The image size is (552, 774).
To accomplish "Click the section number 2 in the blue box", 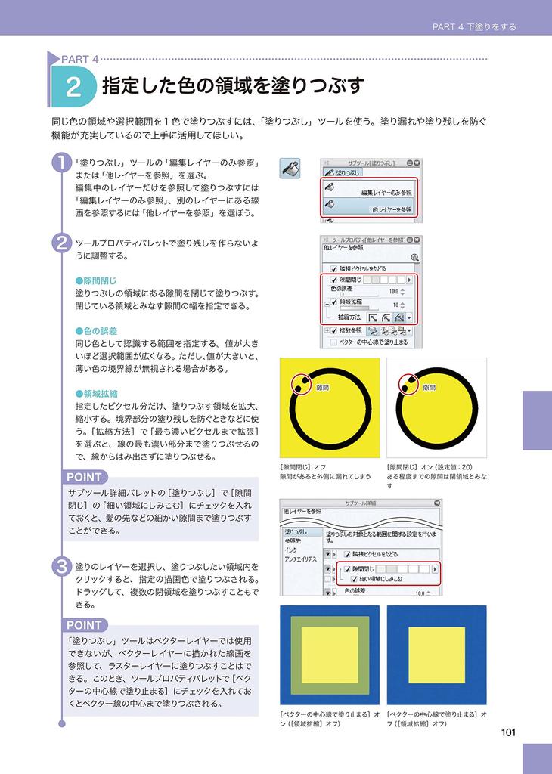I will (x=73, y=87).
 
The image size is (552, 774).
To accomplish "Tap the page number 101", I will (x=508, y=731).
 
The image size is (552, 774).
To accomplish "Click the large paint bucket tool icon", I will (x=290, y=169).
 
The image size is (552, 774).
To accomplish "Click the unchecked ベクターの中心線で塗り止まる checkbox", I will (x=333, y=342).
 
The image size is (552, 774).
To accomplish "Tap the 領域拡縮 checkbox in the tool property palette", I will (x=333, y=301).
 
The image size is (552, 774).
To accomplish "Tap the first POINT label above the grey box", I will (x=83, y=477).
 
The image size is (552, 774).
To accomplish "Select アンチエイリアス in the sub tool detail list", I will (x=300, y=559).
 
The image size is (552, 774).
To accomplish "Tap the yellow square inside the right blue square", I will (x=436, y=655).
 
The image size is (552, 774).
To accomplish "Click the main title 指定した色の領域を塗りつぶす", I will (x=233, y=85).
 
